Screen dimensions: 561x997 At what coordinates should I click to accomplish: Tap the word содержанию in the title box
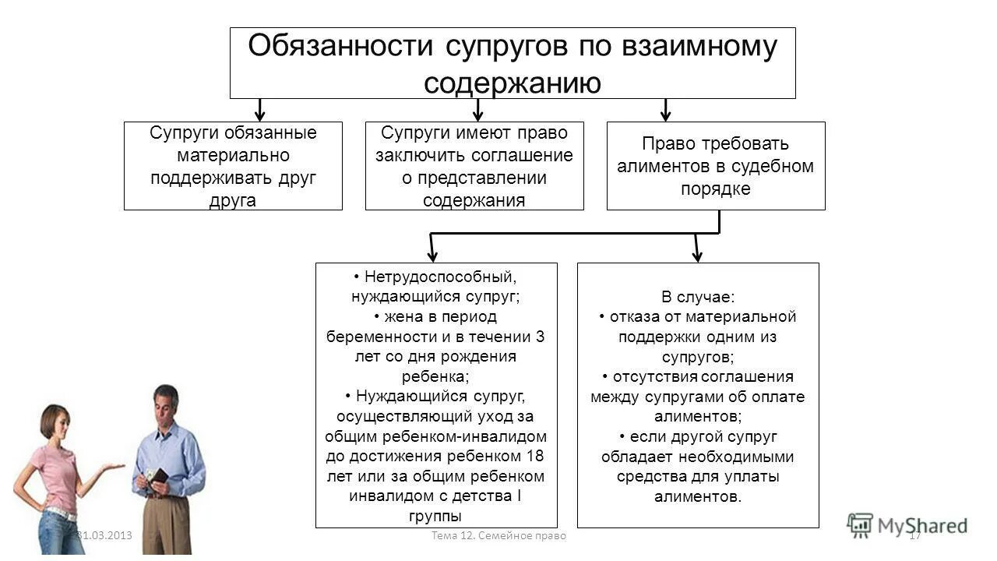pos(513,83)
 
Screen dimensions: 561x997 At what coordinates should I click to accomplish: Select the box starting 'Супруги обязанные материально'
pos(233,166)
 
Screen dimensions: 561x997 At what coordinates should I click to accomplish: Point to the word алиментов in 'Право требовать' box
pos(667,166)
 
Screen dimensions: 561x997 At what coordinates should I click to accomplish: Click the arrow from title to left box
pos(261,110)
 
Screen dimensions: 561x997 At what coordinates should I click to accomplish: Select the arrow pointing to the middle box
pos(478,110)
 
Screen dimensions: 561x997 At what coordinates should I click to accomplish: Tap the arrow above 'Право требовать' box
pos(665,110)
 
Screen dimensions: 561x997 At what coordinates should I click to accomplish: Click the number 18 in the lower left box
pos(536,456)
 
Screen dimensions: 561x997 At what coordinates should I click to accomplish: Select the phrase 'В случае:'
pos(698,297)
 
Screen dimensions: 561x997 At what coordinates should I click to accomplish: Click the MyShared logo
pos(907,526)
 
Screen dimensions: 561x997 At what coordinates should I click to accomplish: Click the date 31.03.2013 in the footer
pos(105,536)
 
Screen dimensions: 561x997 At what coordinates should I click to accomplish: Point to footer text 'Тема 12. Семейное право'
pos(498,536)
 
